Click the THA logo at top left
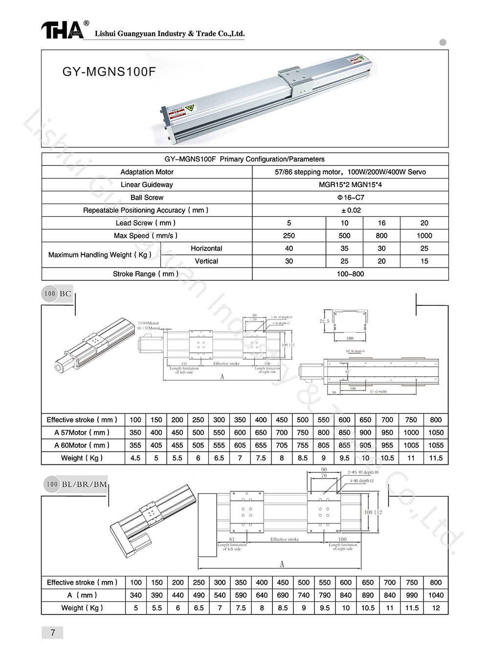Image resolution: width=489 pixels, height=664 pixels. point(62,30)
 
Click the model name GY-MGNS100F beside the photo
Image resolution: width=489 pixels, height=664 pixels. point(109,72)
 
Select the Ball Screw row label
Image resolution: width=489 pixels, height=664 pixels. point(147,198)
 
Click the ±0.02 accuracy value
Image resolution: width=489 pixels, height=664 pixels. point(350,210)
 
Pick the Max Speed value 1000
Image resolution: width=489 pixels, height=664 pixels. point(424,236)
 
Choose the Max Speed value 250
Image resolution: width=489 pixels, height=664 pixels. point(289,236)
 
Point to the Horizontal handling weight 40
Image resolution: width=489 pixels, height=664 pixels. point(289,249)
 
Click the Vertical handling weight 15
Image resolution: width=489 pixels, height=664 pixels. point(424,261)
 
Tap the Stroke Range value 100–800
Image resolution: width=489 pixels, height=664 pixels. point(350,274)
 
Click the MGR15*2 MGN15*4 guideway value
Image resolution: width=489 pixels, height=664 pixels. point(350,185)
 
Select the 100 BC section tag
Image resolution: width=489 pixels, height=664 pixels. point(58,294)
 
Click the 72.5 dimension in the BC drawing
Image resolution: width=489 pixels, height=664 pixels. point(324,321)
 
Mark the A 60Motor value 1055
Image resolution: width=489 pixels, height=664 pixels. point(435,445)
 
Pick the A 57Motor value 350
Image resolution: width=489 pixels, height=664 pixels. point(135,433)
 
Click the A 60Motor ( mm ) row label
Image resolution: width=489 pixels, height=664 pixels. point(82,445)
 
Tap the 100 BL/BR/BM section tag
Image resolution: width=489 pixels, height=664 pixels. point(76,484)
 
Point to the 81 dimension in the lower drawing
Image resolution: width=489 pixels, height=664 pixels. point(232,540)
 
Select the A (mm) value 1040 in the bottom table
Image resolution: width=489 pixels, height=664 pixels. point(435,595)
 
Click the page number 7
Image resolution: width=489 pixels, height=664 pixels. point(53,633)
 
